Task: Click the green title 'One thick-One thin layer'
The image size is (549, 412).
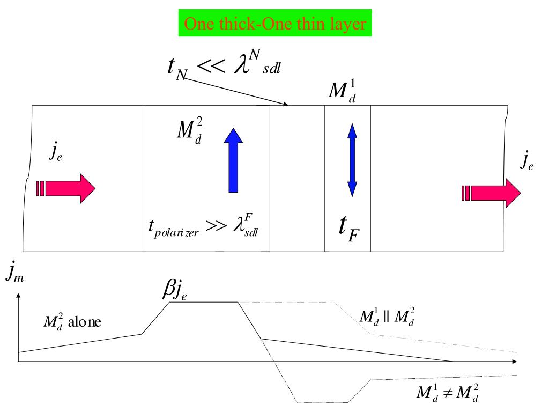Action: [274, 24]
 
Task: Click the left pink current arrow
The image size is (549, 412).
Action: [66, 188]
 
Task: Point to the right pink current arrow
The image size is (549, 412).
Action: [491, 193]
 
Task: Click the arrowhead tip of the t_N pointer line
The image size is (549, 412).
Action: [288, 105]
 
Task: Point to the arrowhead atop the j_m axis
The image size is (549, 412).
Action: [19, 296]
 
